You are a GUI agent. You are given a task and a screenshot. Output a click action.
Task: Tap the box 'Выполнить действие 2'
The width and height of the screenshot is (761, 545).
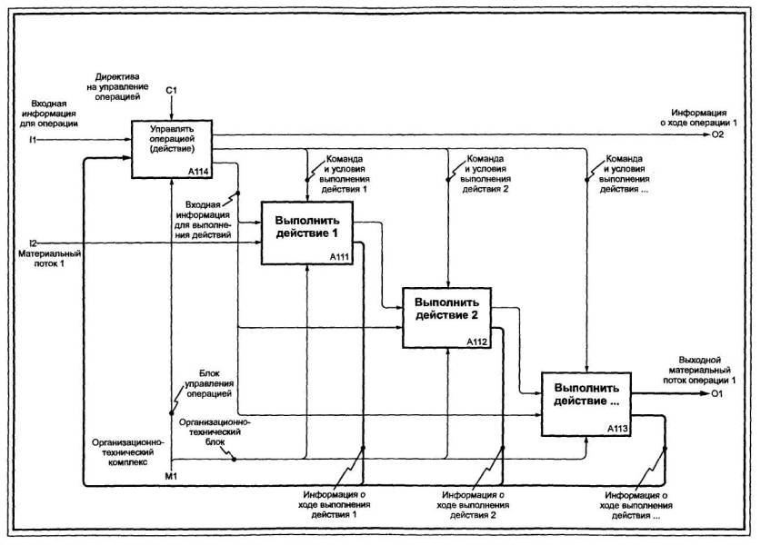447,313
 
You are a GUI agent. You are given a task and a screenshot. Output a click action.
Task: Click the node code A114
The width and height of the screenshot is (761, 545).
199,171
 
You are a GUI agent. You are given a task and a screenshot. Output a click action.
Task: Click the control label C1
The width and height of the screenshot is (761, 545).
171,90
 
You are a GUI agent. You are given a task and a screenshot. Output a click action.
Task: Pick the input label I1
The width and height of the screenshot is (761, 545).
33,140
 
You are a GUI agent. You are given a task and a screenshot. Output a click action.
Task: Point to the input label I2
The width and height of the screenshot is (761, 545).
33,243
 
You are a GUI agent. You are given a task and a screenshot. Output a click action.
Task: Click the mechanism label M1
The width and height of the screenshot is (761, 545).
171,476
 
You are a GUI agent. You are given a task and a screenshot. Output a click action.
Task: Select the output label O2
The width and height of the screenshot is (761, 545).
716,136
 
